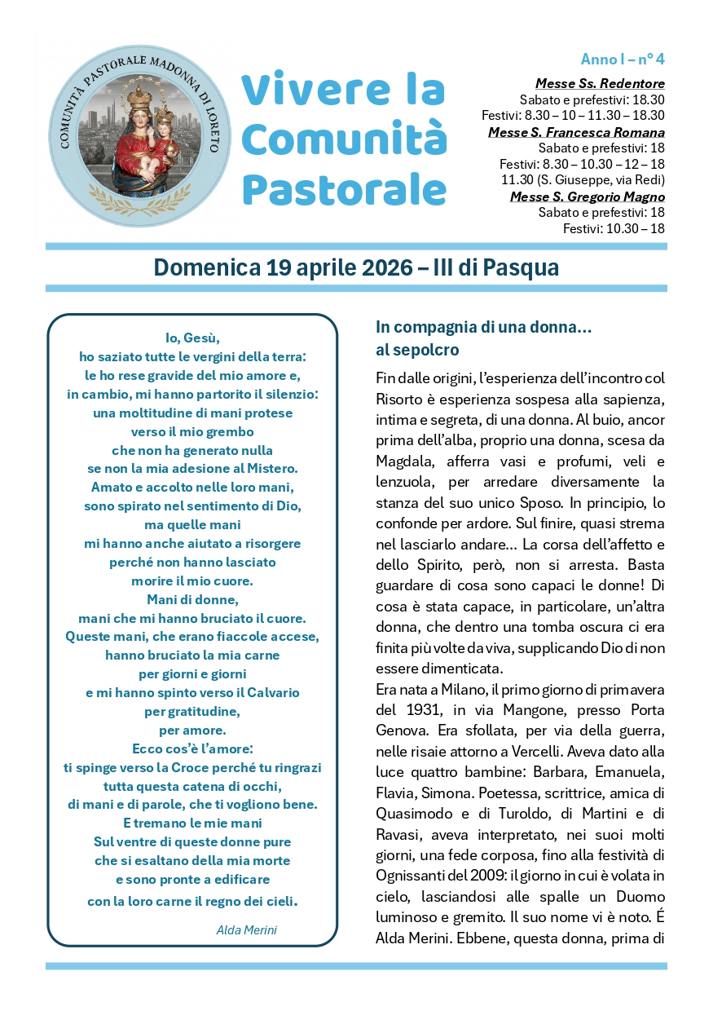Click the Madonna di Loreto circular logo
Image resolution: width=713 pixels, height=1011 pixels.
click(135, 135)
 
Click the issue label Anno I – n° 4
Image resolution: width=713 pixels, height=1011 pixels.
click(623, 60)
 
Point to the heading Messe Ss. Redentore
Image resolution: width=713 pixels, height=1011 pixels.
click(600, 83)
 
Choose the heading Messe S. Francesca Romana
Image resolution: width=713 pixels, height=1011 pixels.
click(576, 132)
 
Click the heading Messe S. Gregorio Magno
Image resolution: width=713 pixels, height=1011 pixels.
click(588, 196)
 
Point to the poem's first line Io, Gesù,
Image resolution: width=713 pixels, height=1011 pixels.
click(193, 338)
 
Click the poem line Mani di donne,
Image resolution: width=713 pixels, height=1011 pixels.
click(193, 599)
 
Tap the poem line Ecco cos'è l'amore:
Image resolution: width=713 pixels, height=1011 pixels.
click(193, 748)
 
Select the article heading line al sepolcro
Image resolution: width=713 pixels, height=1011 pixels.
click(417, 350)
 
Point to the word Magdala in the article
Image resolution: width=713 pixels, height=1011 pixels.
click(406, 461)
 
